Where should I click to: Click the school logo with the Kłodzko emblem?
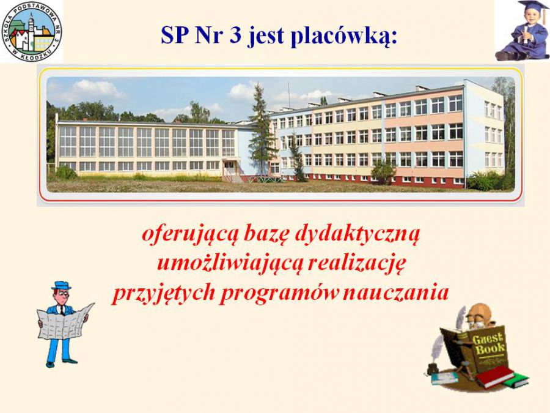click(32, 32)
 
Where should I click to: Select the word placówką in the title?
click(345, 37)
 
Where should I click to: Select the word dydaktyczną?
click(358, 234)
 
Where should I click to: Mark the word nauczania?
click(396, 292)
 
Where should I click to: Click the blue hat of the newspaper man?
click(61, 285)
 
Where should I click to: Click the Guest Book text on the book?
click(489, 344)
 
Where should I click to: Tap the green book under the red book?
click(516, 380)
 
